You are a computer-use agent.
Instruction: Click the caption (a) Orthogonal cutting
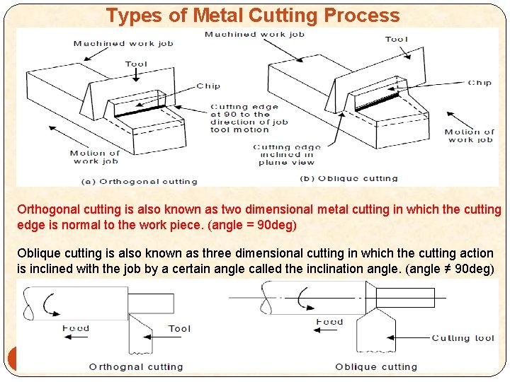[140, 182]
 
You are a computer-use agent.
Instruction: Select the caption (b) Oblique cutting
[348, 178]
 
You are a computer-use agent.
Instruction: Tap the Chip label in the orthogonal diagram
[208, 86]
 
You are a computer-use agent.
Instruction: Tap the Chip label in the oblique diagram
[480, 83]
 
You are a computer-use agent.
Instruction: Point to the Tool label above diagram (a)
[136, 64]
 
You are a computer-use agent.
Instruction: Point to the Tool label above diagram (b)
[397, 40]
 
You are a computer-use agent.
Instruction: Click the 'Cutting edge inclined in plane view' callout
[287, 155]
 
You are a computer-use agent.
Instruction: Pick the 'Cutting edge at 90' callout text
[249, 118]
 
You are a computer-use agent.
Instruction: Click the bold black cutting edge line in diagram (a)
[140, 111]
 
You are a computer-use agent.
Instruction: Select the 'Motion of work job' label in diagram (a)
[95, 157]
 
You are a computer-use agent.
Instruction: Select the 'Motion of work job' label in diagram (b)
[470, 136]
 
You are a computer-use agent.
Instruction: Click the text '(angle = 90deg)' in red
[252, 225]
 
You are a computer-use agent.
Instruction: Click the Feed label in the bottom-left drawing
[76, 328]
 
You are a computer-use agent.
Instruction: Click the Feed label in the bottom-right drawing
[329, 322]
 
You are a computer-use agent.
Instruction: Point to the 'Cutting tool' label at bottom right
[463, 338]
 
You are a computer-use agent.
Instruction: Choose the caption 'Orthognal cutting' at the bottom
[136, 367]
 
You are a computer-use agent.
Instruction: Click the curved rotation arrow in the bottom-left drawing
[50, 304]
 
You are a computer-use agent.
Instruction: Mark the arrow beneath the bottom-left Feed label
[76, 337]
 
